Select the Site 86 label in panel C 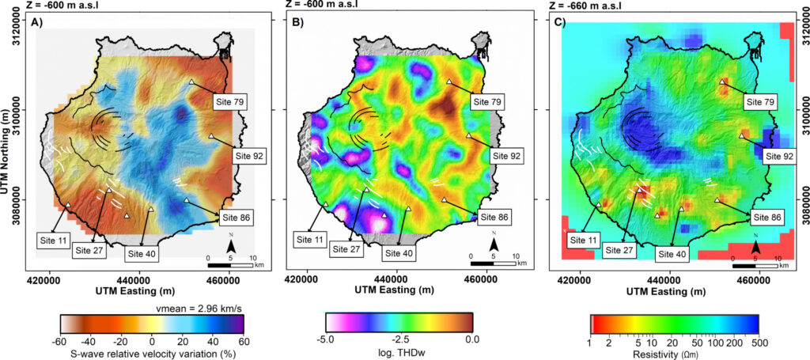(x=767, y=216)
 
